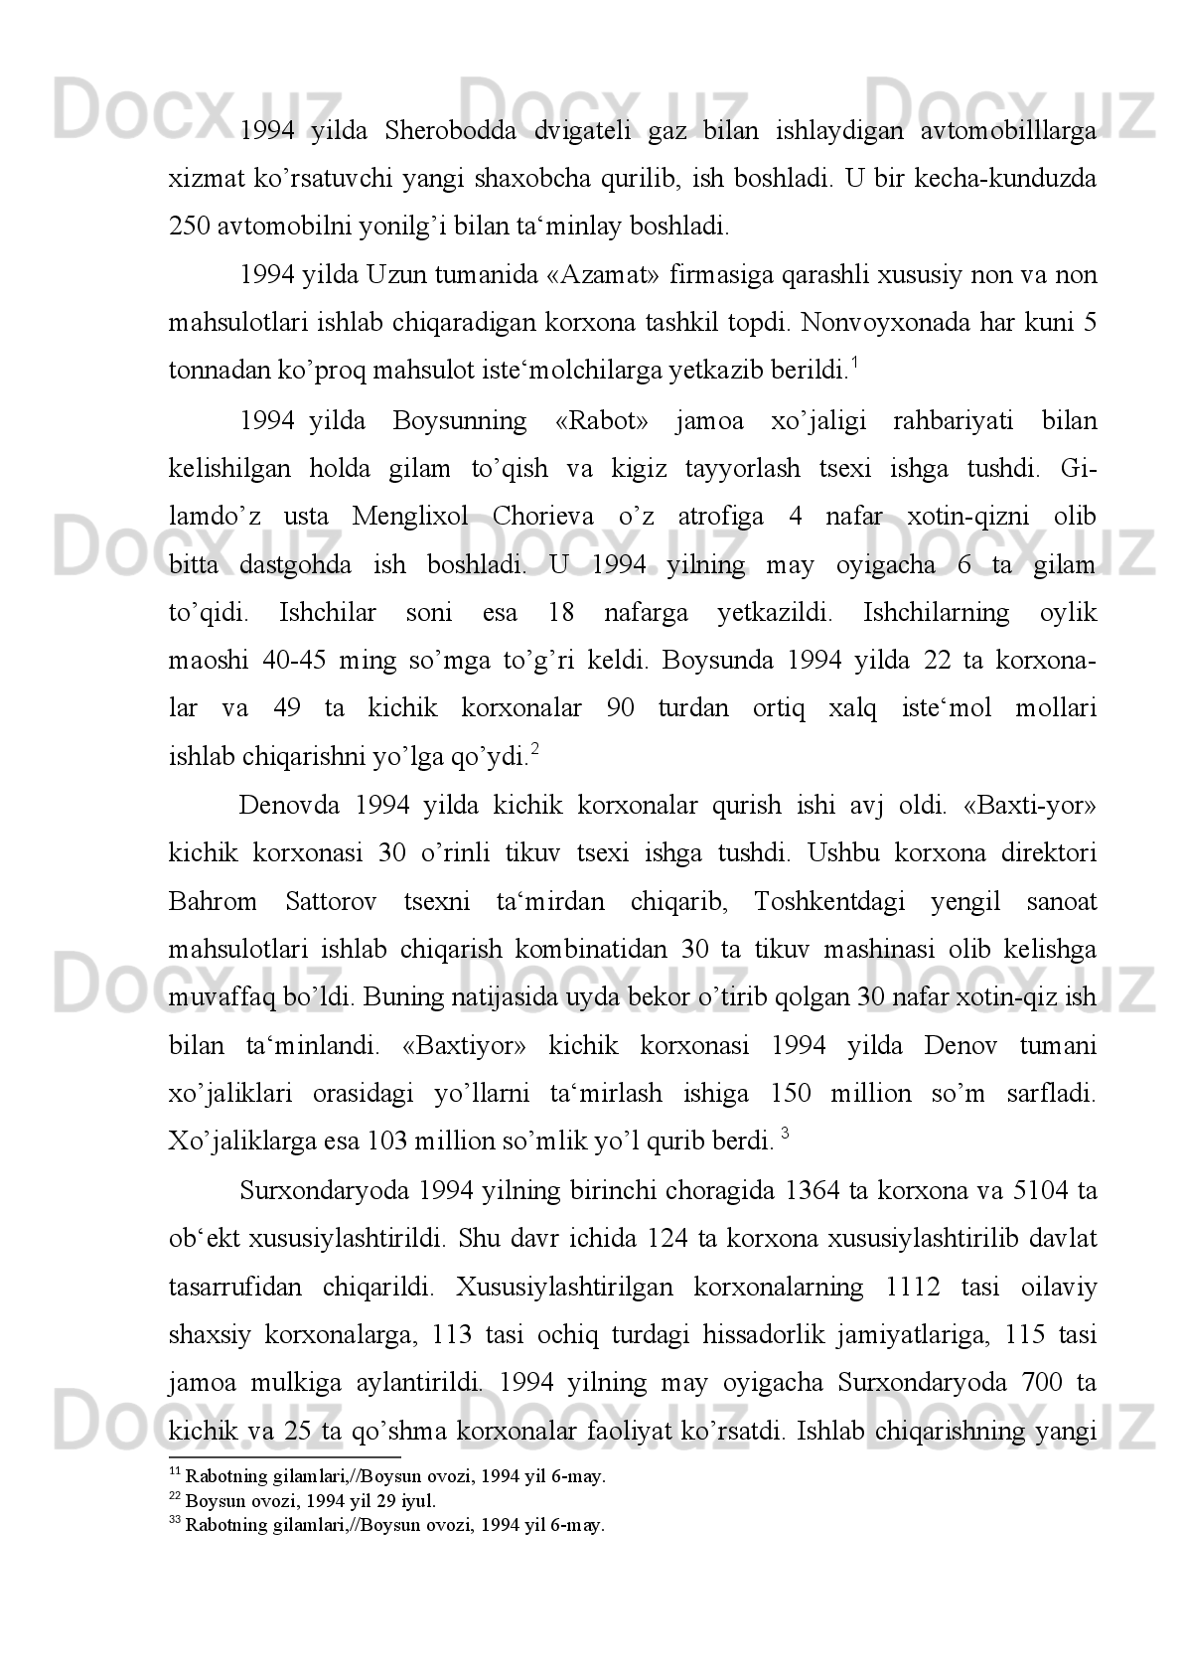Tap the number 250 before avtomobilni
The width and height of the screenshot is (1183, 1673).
point(189,226)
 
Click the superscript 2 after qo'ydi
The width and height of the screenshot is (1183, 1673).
point(535,750)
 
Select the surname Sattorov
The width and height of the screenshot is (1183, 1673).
point(331,901)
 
